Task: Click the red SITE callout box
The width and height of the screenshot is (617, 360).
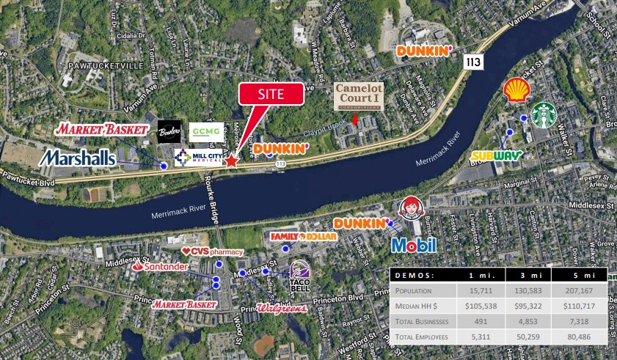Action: coord(271,94)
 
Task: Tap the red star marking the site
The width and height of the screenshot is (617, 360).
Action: coord(231,161)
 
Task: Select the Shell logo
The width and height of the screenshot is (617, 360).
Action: coord(517,90)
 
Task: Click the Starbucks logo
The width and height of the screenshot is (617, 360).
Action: coord(544,115)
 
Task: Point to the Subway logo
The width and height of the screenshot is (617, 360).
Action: coord(497,155)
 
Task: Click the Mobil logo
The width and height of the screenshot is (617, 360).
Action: coord(414,245)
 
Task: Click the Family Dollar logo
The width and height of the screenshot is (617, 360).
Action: coord(303,237)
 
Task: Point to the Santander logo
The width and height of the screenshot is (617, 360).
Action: coord(160,267)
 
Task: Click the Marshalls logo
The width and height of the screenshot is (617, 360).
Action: coord(78,158)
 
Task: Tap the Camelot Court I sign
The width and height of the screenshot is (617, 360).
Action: coord(359,96)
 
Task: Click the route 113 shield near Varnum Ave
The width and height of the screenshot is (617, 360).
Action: coord(473,63)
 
